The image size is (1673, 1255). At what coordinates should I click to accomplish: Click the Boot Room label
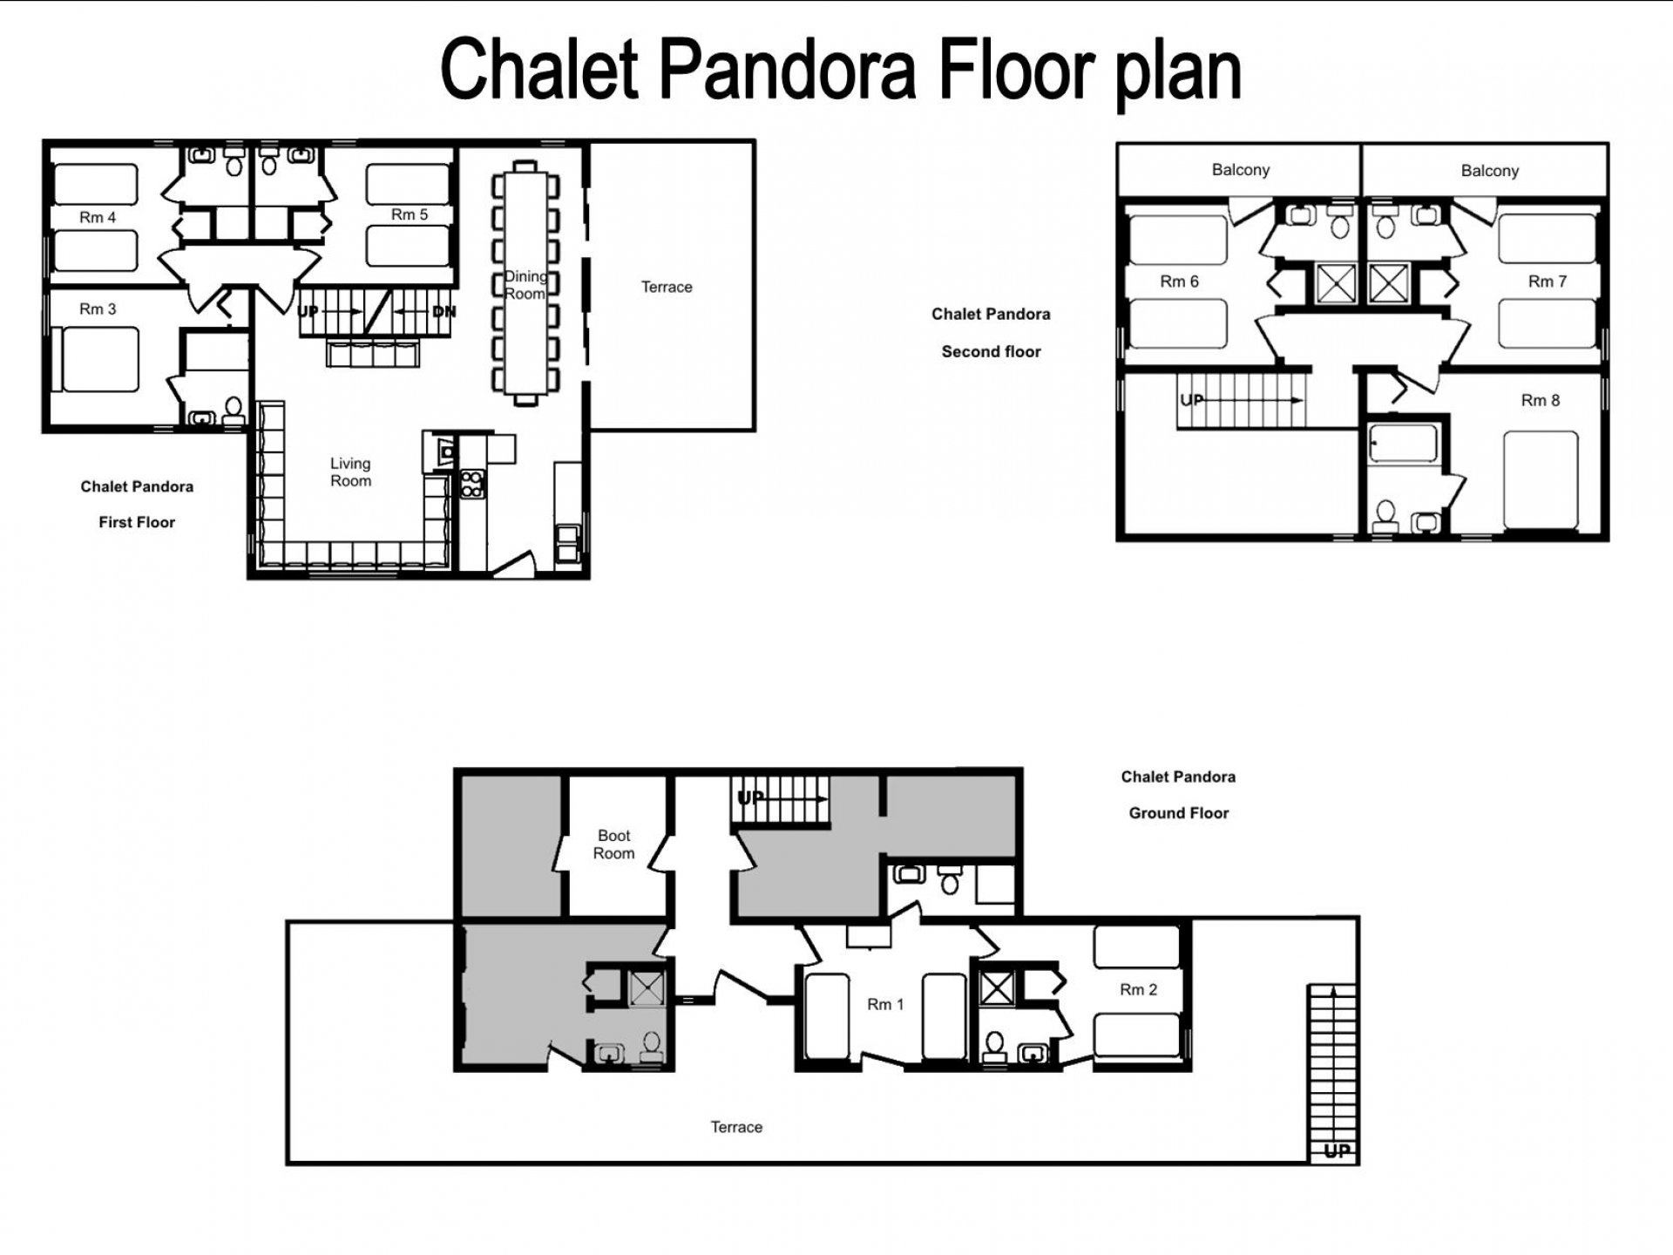pos(613,845)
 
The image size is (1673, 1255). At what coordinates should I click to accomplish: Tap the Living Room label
pos(350,471)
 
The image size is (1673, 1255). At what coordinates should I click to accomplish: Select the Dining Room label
pos(525,285)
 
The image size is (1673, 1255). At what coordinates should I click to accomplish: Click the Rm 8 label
pos(1540,400)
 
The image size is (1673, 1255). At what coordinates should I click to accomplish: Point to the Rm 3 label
pos(98,309)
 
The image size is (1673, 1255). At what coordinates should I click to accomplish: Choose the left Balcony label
pos(1240,170)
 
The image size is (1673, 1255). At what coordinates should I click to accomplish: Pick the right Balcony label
pos(1489,171)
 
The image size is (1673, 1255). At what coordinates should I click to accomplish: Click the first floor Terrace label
pos(667,287)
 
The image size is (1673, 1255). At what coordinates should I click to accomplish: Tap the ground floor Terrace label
pos(736,1127)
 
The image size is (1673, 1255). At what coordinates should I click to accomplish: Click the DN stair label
pos(444,311)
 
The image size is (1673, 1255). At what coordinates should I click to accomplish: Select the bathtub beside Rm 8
pos(1403,444)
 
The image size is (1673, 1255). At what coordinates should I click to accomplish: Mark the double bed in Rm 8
pos(1541,480)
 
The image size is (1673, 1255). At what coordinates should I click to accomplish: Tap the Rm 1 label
pos(884,1004)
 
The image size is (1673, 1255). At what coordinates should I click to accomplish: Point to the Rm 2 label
pos(1138,989)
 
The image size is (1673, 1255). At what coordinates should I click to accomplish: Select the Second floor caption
pos(991,351)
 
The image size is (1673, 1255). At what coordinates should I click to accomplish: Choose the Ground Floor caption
pos(1178,812)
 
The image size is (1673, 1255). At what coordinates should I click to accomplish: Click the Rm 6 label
pos(1179,282)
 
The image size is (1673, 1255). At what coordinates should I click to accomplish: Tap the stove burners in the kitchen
pos(471,484)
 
